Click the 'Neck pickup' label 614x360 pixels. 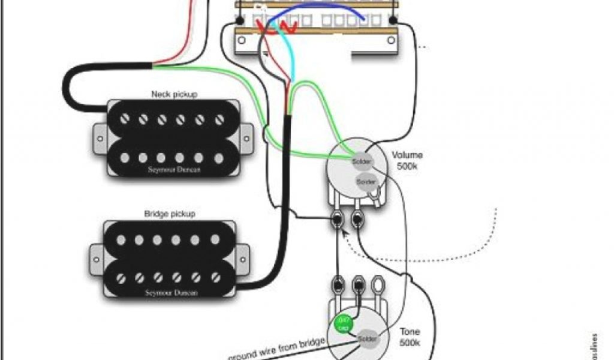coord(174,94)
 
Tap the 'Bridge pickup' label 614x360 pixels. coord(169,214)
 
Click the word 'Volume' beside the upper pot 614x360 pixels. coord(407,155)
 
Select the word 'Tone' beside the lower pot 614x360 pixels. coord(411,332)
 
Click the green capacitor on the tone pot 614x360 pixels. coord(342,325)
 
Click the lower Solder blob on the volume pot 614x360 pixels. coord(366,181)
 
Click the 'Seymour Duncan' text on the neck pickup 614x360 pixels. coord(174,170)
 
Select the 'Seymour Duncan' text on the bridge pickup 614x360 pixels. coord(171,293)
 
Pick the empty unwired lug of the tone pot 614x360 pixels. coord(379,281)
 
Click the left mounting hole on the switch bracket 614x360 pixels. coord(241,40)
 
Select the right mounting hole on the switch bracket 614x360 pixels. coord(392,40)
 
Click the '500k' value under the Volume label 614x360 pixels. coord(407,166)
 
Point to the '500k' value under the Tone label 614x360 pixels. coord(411,343)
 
